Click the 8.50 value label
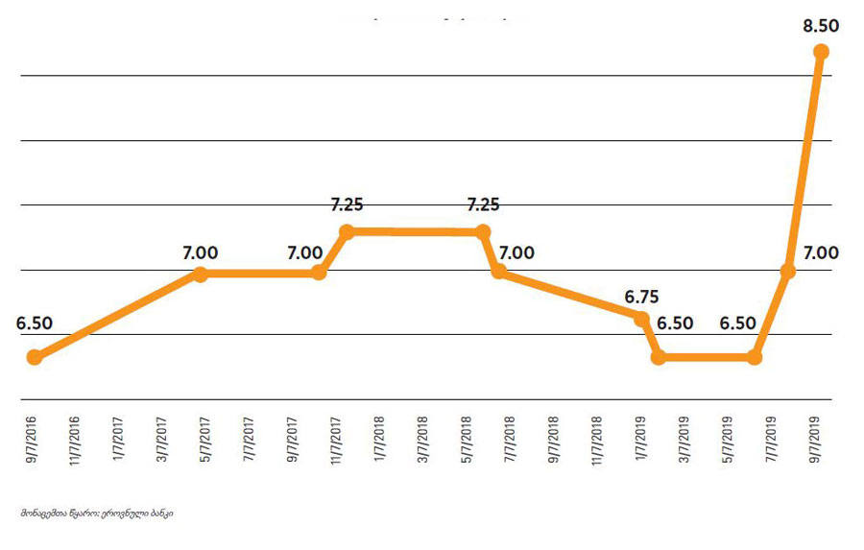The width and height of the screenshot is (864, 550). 822,26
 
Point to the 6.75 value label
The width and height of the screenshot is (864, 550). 641,297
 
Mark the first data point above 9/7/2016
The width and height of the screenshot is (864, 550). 35,357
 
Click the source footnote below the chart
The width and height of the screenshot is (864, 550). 96,514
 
